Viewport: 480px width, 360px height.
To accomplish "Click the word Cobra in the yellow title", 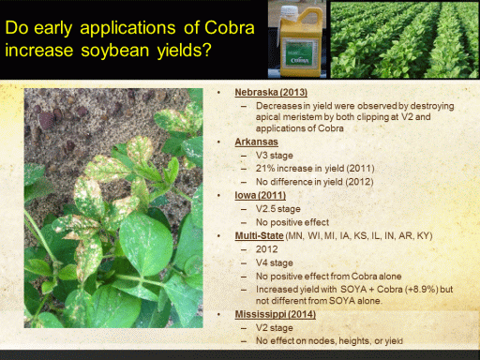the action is point(230,28).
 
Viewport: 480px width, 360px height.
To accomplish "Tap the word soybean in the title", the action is point(115,51).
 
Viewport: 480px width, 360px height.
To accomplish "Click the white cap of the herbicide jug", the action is point(289,12).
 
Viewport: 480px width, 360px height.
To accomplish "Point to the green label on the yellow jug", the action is point(300,52).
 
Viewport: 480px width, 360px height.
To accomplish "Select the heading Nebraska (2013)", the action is point(271,92).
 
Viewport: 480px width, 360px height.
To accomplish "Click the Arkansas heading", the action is point(256,142).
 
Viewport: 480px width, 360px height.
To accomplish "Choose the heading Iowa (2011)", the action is point(261,195).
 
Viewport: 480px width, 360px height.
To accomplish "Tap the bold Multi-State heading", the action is point(259,235).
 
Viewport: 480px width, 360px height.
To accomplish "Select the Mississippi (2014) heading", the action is point(276,314).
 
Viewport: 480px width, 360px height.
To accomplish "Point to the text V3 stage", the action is point(275,156).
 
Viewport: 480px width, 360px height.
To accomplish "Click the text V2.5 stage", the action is point(278,209).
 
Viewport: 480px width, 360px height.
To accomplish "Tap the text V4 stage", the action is point(275,262).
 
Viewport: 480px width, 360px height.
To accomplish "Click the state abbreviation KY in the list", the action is point(423,235).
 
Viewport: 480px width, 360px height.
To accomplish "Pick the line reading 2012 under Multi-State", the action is point(266,249).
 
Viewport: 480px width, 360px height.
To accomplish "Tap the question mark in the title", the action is point(207,50).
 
